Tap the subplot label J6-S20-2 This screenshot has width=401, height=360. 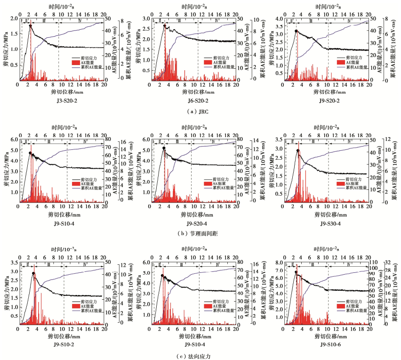tap(194, 101)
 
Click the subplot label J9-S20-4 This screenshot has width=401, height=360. tap(194, 223)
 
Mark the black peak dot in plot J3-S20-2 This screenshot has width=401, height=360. tap(30, 26)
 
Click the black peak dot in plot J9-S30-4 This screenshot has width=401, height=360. tap(297, 151)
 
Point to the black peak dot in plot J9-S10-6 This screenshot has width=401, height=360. tap(296, 272)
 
